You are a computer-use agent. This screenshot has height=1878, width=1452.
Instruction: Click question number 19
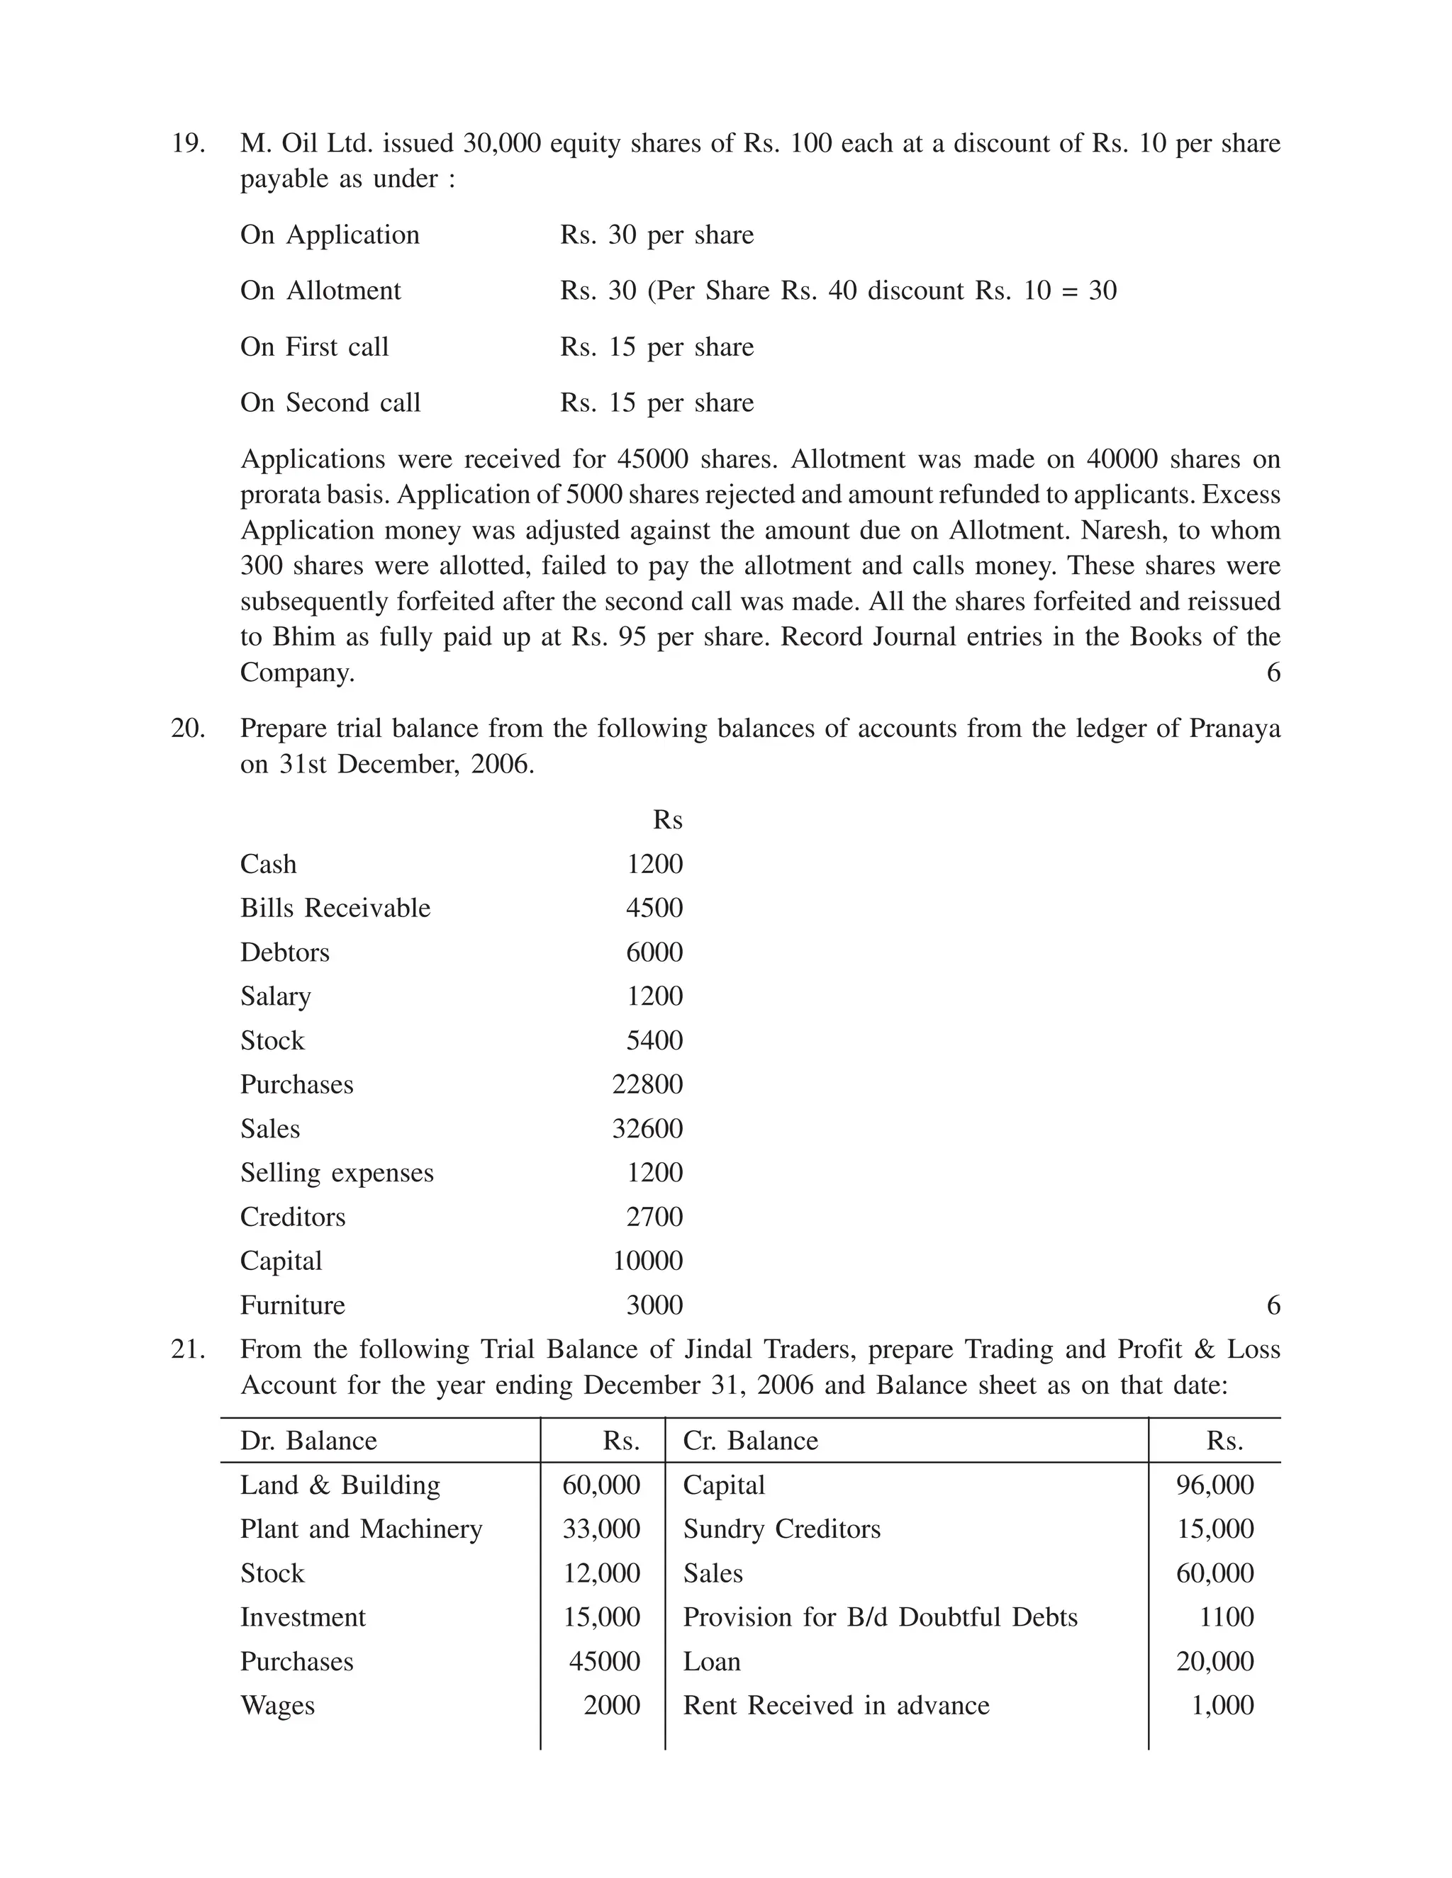pos(187,142)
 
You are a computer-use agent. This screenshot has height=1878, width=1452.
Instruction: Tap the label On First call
pos(314,347)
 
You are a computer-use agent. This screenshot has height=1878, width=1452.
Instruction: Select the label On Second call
pos(330,403)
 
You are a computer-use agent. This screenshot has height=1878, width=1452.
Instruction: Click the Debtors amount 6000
pos(654,952)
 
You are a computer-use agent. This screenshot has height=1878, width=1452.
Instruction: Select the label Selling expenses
pos(336,1173)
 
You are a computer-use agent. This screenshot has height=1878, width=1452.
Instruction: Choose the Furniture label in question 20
pos(293,1305)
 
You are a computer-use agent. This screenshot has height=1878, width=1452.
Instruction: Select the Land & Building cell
pos(340,1485)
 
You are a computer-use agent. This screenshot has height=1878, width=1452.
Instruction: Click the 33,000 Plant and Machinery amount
pos(601,1529)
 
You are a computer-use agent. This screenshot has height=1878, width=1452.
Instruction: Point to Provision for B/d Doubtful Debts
pos(880,1617)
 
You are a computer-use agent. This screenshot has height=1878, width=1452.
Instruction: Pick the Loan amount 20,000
pos(1214,1661)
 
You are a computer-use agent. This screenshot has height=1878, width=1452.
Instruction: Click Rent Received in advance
pos(836,1705)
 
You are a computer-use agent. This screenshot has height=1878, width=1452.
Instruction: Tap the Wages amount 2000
pos(612,1705)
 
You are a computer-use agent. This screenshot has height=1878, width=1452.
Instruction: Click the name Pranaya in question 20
pos(1234,729)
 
